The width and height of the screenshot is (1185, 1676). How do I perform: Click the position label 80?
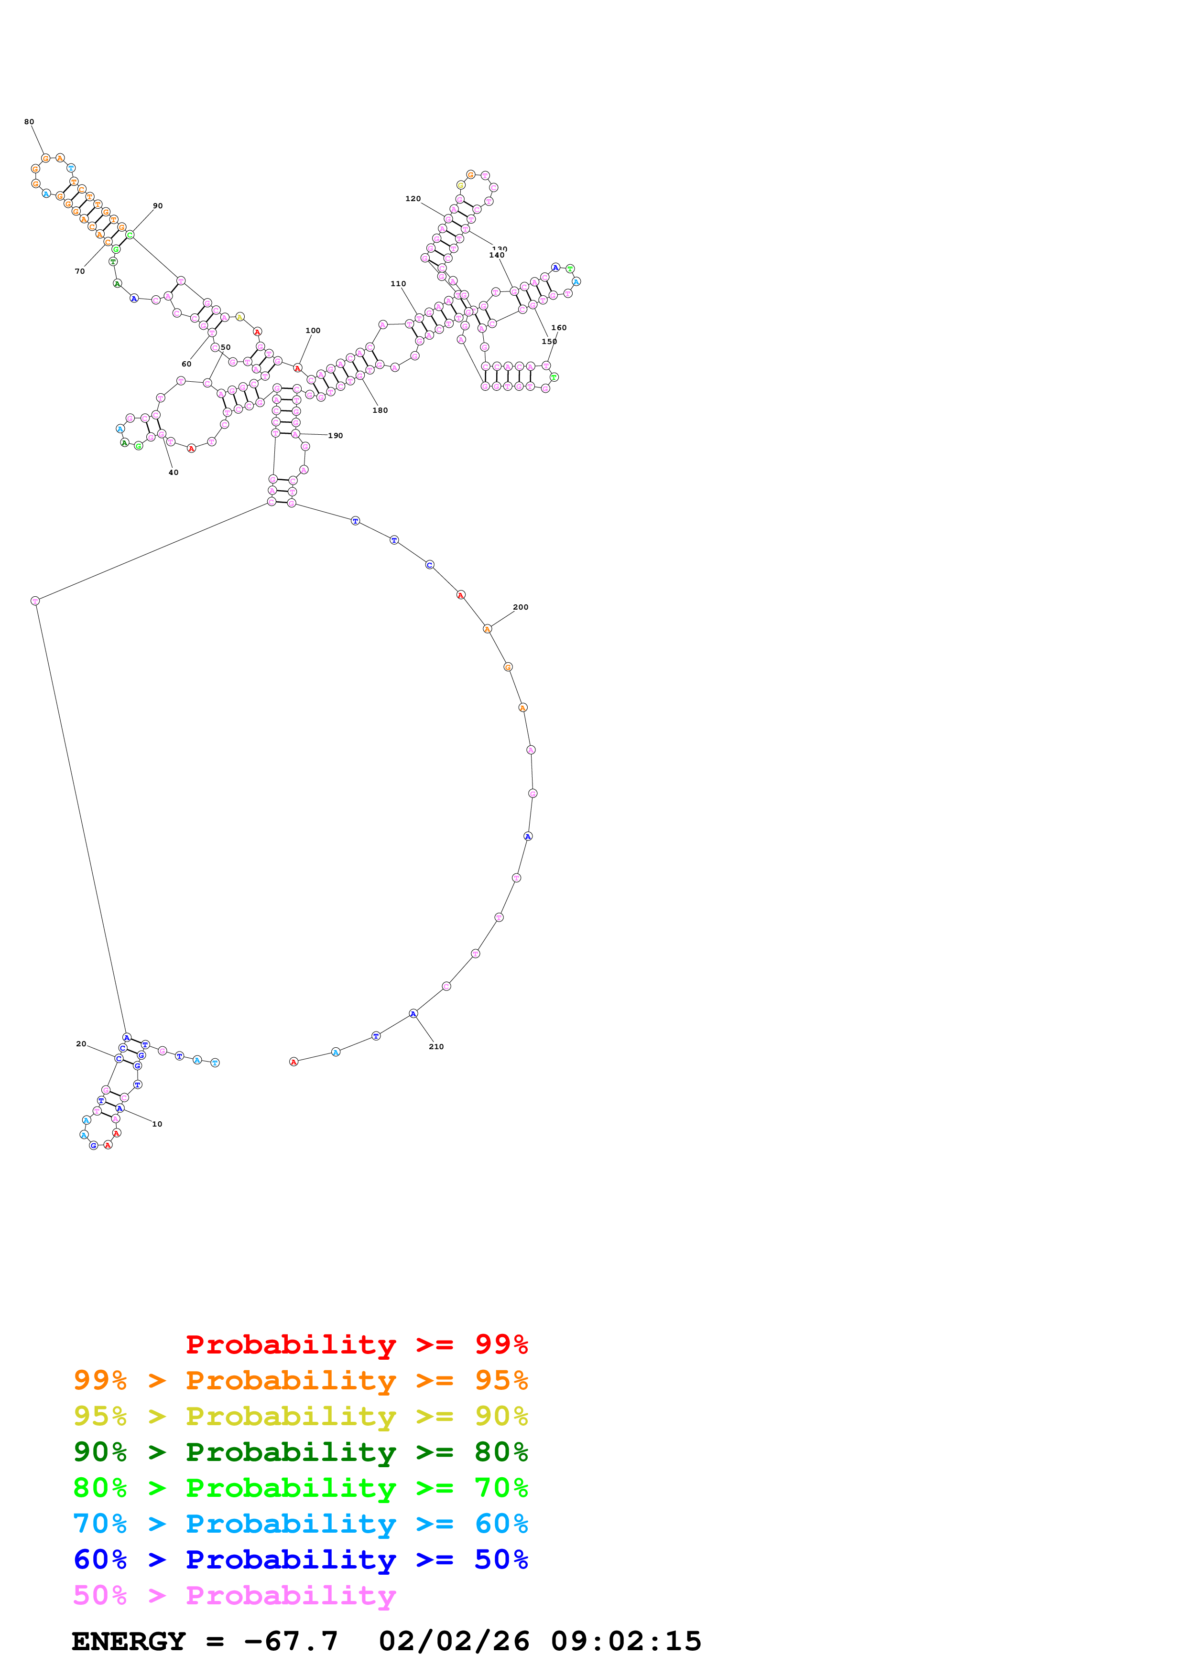29,122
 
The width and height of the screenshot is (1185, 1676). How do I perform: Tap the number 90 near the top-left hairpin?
158,206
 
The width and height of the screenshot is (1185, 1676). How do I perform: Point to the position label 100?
313,331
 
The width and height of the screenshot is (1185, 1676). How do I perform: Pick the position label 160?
558,328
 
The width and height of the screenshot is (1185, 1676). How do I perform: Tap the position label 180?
380,410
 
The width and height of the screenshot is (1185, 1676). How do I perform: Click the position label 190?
335,436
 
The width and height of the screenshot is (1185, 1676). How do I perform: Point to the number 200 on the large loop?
521,607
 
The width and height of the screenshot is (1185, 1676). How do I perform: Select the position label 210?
436,1047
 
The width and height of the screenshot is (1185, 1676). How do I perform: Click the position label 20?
81,1044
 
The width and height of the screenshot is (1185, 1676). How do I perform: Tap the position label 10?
157,1124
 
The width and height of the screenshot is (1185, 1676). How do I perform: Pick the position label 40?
173,473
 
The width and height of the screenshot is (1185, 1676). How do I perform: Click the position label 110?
398,284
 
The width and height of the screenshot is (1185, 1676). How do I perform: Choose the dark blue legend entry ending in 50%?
300,1560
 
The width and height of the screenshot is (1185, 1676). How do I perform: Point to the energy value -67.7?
291,1642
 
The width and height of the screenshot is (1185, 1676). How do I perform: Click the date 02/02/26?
454,1642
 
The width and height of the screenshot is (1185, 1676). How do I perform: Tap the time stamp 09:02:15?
626,1642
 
